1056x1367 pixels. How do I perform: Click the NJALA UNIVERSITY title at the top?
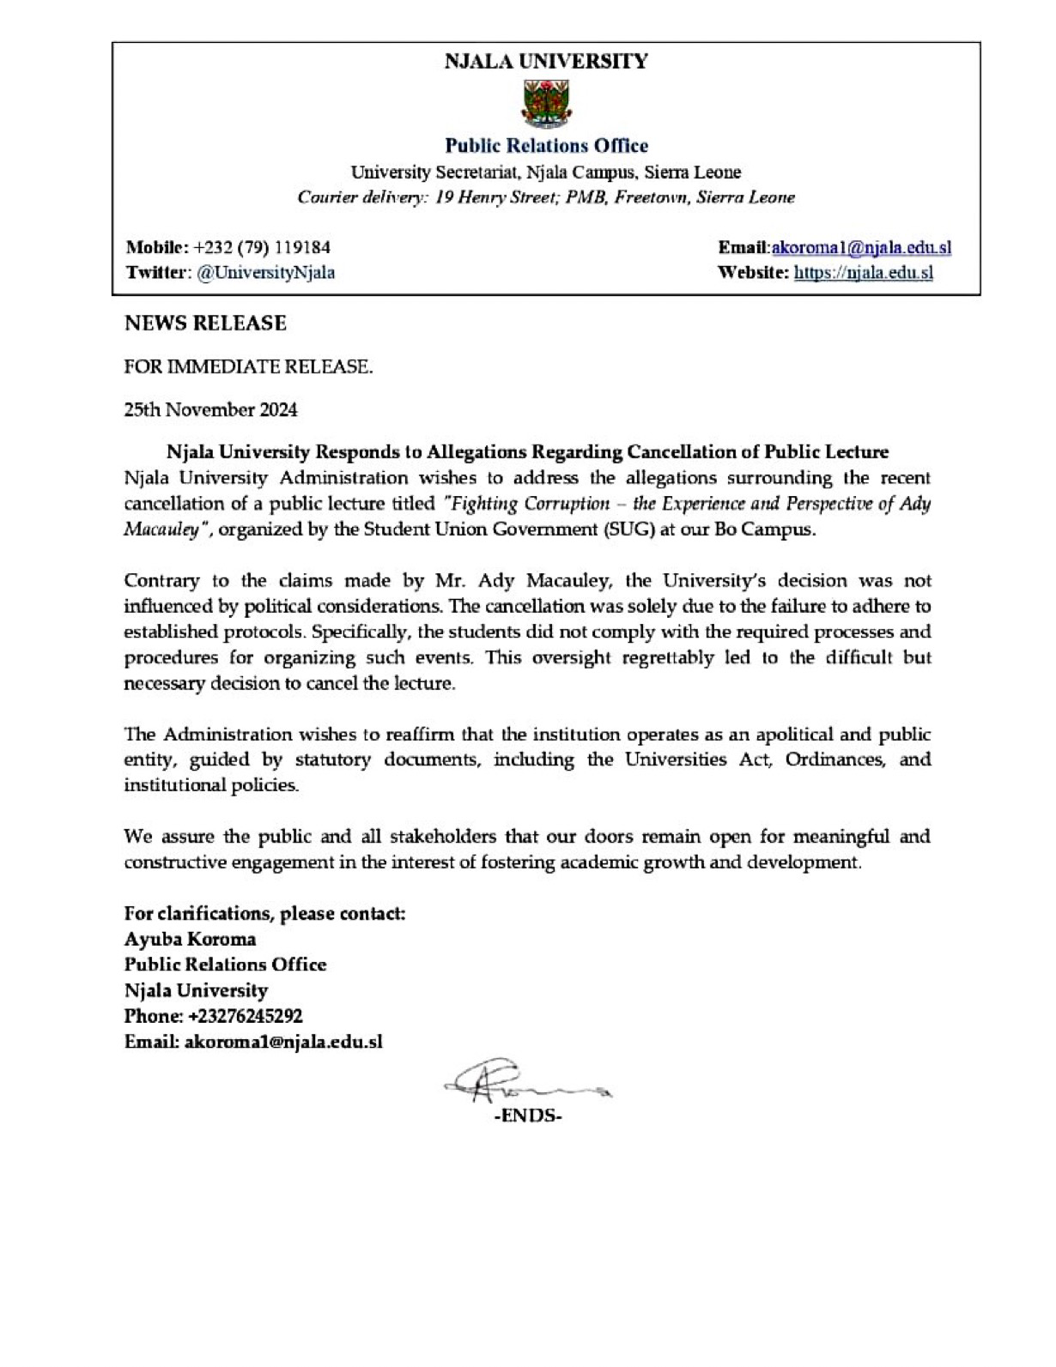(546, 62)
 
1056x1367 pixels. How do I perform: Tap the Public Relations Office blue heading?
(546, 146)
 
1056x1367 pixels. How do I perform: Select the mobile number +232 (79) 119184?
(262, 248)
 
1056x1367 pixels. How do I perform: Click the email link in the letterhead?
(861, 248)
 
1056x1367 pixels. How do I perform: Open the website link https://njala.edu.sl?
(863, 273)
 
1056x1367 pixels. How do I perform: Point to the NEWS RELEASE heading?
(205, 324)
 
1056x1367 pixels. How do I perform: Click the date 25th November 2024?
(211, 410)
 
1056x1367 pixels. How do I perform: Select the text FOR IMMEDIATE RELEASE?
(249, 367)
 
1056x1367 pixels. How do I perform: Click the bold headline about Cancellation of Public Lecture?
(527, 451)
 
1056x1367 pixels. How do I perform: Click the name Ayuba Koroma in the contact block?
(190, 939)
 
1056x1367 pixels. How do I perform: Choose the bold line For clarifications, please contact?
(264, 913)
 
